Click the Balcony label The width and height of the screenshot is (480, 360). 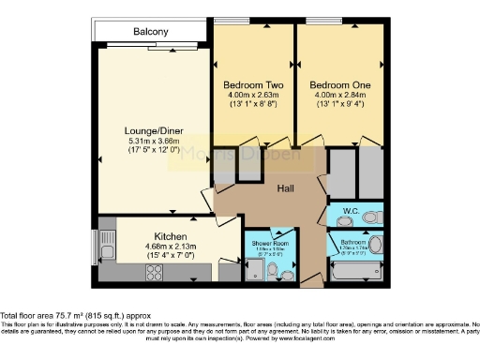(x=151, y=32)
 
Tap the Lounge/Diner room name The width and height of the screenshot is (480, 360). (x=151, y=130)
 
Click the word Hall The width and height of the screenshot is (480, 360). (x=287, y=188)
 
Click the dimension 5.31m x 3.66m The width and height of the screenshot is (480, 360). (x=151, y=141)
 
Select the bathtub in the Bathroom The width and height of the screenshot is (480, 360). (x=354, y=273)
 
